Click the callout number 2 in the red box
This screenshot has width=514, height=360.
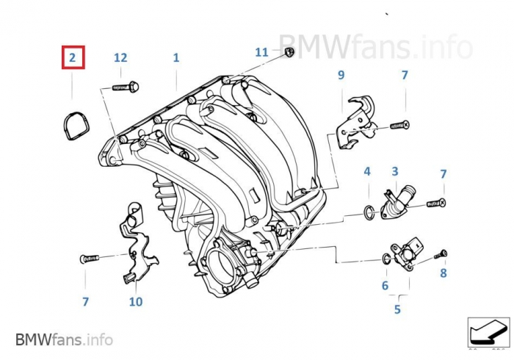73,57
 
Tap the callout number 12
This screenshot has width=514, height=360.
120,57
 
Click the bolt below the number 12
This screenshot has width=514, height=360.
126,87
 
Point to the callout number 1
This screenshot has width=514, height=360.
176,57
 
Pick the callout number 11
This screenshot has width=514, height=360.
262,52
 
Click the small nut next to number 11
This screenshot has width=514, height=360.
289,51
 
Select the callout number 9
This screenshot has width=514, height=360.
341,75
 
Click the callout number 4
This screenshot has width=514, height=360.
367,172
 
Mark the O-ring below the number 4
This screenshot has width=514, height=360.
369,214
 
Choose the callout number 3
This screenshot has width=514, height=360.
394,172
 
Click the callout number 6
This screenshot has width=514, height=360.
384,285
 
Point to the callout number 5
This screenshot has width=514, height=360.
397,309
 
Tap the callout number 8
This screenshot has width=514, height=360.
443,273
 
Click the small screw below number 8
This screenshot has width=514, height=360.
441,254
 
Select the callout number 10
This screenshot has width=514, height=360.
136,301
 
